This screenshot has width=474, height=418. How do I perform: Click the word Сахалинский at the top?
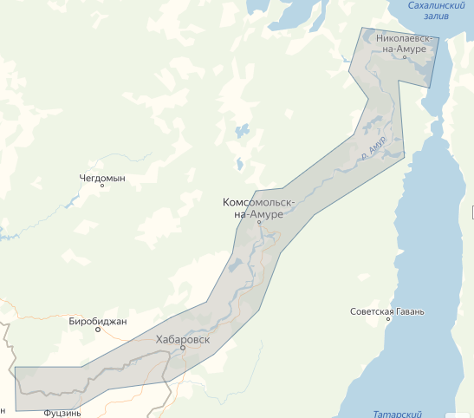(x=437, y=7)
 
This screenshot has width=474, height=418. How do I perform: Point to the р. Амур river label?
(x=373, y=147)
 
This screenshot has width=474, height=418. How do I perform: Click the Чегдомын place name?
(x=102, y=178)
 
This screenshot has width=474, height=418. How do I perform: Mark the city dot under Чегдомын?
(x=102, y=186)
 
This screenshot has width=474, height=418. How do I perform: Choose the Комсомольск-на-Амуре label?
(x=258, y=208)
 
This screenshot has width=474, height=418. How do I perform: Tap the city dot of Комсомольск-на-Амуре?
(x=258, y=223)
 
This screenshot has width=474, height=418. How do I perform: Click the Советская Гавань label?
(x=392, y=311)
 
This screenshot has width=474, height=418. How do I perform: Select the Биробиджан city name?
(x=98, y=322)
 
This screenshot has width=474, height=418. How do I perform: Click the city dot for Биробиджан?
(x=98, y=330)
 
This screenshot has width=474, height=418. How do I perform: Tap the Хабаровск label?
(x=182, y=339)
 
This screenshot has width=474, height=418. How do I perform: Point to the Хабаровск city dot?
(x=183, y=348)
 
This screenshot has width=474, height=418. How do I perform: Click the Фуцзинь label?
(x=62, y=414)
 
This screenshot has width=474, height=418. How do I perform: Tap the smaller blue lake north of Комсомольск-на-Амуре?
(x=237, y=163)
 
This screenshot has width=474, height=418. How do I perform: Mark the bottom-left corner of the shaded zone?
(x=16, y=409)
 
